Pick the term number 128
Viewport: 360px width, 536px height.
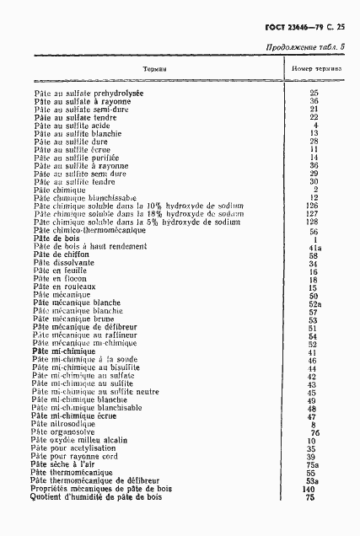point(313,221)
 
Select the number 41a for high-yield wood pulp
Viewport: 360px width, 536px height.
point(313,247)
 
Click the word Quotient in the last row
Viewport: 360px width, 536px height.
point(49,497)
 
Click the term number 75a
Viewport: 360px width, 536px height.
point(313,463)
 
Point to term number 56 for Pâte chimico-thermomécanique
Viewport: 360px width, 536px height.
point(313,230)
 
